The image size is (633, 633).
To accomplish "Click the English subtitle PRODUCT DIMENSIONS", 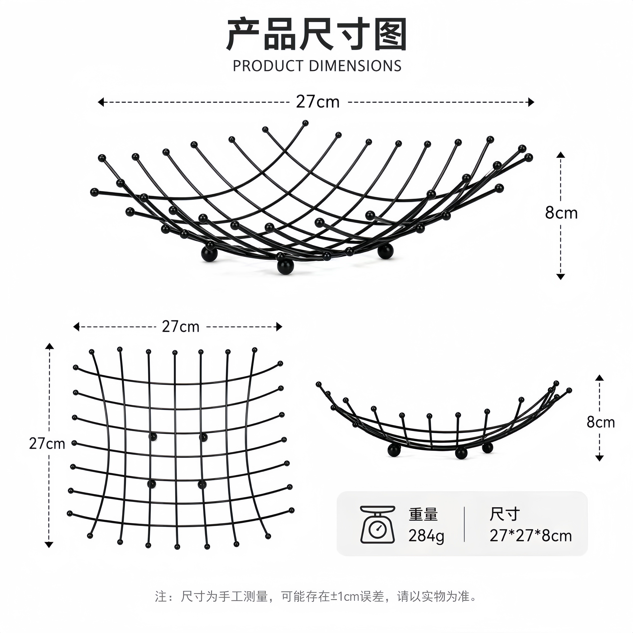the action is [317, 66].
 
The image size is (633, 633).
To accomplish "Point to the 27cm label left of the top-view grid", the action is [47, 444].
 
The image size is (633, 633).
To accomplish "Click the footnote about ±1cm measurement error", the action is [316, 596].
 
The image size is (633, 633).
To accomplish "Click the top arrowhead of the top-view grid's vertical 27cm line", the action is [49, 346].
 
